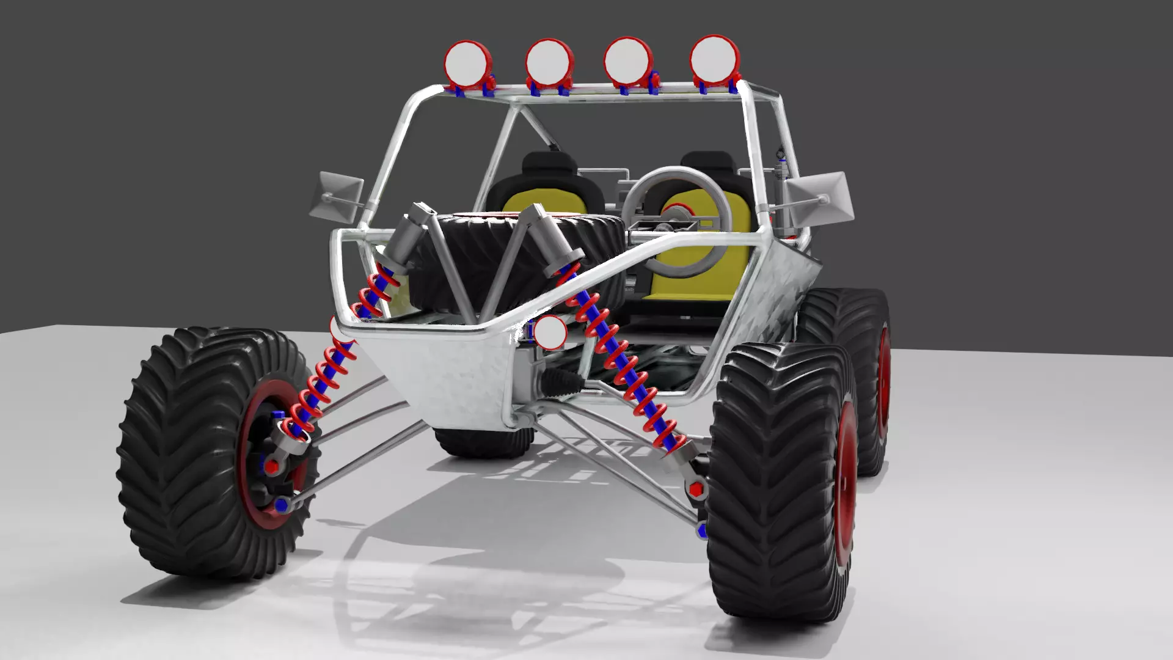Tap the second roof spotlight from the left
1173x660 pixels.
coord(549,62)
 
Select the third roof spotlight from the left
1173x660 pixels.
coord(627,61)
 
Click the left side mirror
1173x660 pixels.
coord(338,196)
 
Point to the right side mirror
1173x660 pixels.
coord(819,196)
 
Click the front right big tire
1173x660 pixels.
coord(776,483)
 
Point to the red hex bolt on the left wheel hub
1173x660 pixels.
coord(273,466)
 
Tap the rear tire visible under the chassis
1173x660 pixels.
coord(483,441)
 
